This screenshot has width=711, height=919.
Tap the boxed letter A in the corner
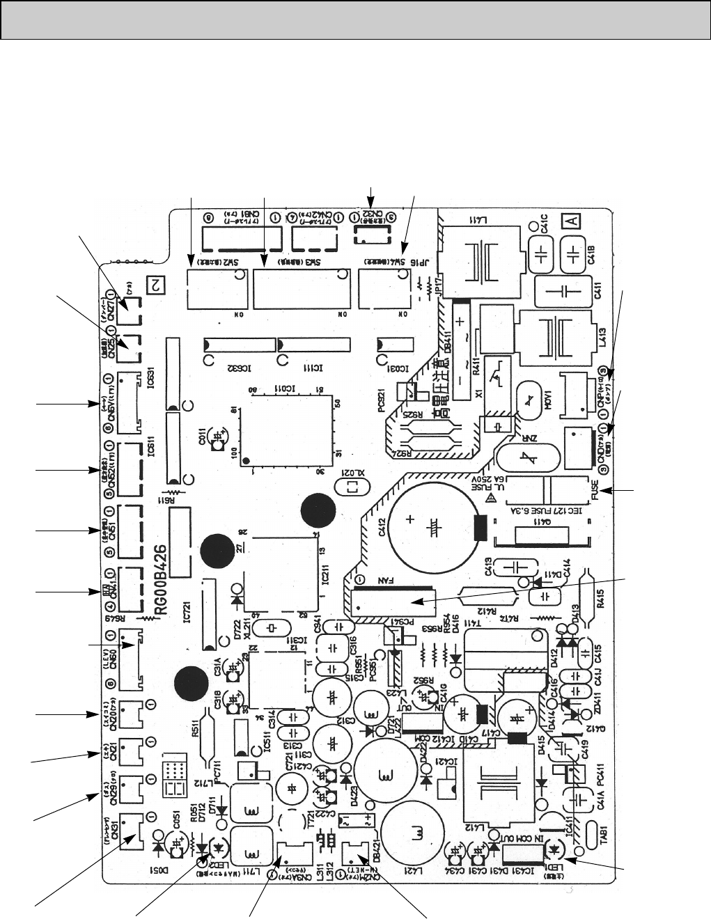coord(571,221)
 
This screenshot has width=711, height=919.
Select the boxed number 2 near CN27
coord(155,283)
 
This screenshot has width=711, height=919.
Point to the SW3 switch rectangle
coord(300,288)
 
